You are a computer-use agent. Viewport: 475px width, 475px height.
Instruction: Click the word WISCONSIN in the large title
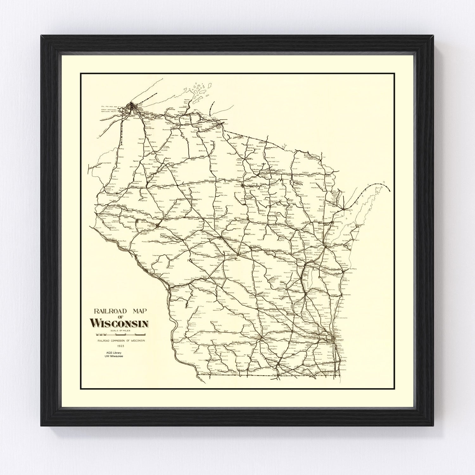click(x=119, y=323)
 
